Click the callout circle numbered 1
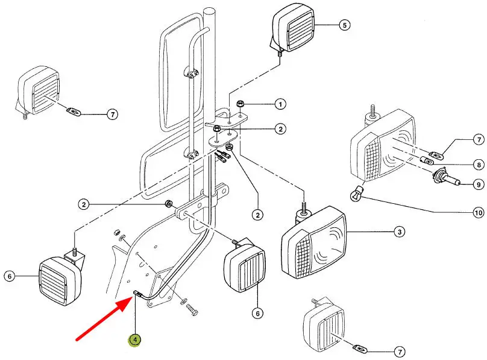pyautogui.click(x=280, y=104)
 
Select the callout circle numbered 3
pyautogui.click(x=400, y=232)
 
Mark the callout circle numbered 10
pyautogui.click(x=479, y=213)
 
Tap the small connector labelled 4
pyautogui.click(x=137, y=294)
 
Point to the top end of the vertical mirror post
pyautogui.click(x=210, y=10)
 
